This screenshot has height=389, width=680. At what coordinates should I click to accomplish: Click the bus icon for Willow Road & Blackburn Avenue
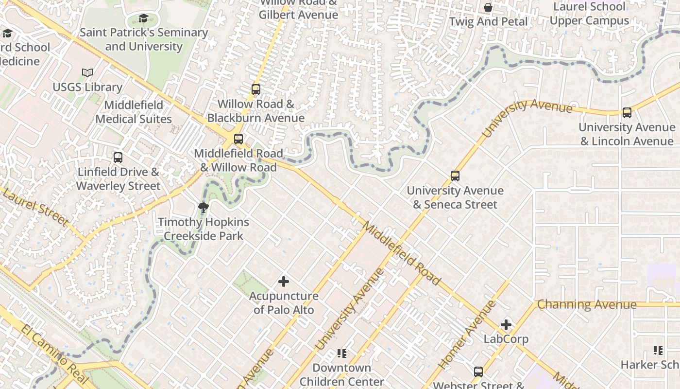click(256, 89)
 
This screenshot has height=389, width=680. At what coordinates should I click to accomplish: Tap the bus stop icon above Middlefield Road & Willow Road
click(238, 139)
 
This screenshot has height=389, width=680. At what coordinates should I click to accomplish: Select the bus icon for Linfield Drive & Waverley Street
click(118, 158)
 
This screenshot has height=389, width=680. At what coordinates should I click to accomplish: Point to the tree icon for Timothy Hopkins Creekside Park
click(204, 208)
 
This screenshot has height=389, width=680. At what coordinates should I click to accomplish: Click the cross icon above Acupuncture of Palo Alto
click(284, 282)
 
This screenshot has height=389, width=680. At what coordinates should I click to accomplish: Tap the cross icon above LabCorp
click(506, 325)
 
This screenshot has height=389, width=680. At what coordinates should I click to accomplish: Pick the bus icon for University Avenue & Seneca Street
click(455, 176)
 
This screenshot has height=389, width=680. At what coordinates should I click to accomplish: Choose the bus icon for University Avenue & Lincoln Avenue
click(627, 113)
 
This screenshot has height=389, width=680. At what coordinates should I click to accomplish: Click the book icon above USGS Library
click(87, 73)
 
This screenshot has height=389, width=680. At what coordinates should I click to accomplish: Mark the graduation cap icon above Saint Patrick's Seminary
click(143, 18)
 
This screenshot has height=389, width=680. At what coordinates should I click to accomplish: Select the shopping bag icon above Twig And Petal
click(488, 7)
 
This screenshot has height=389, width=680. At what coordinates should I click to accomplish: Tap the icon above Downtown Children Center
click(342, 354)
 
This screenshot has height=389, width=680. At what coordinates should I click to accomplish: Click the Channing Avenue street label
click(587, 305)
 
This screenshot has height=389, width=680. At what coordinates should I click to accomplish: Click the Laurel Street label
click(35, 208)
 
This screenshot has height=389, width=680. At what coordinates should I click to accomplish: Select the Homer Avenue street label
click(467, 334)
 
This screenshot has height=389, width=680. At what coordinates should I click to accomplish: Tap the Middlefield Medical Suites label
click(134, 112)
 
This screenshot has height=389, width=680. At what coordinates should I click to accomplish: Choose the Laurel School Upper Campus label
click(590, 14)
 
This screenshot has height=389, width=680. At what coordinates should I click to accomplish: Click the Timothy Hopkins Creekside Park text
click(204, 229)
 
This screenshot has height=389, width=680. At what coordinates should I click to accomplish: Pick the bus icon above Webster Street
click(478, 372)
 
